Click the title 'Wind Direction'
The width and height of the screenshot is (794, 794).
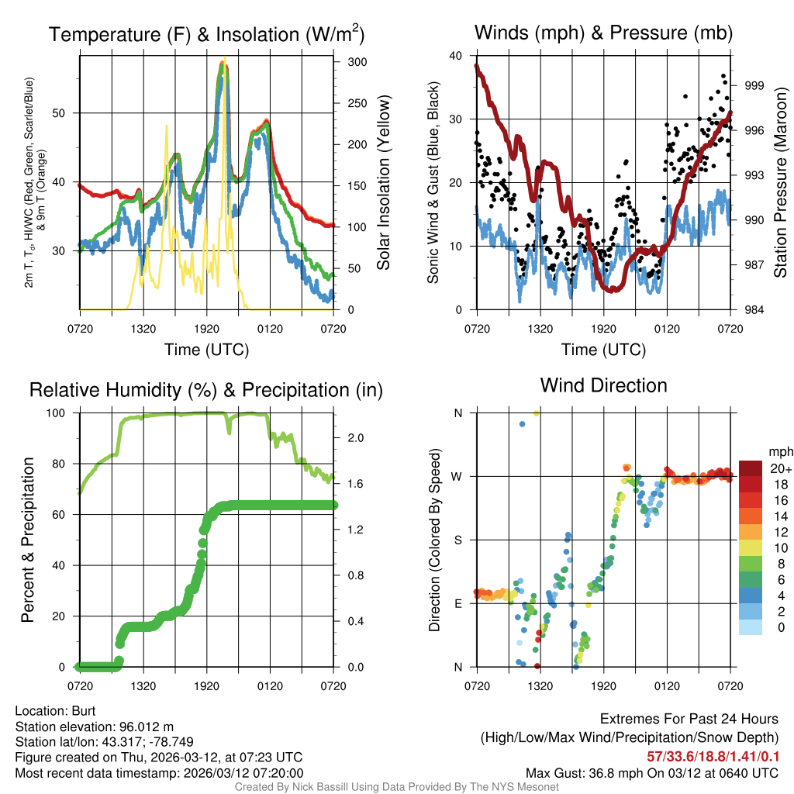coord(603,385)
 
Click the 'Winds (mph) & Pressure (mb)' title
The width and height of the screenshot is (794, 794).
coord(603,33)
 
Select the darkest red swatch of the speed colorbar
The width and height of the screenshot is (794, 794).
coord(751,468)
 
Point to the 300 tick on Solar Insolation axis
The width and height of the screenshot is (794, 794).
coord(357,62)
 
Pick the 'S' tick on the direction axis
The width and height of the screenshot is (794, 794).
coord(457,540)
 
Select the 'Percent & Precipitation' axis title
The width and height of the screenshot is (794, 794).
coord(28,540)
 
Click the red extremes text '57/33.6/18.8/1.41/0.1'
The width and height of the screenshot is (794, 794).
coord(713,755)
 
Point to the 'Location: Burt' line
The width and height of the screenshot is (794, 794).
coord(55,710)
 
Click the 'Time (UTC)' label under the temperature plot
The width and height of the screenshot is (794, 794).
coord(206,350)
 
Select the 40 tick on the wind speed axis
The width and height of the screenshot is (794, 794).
coord(456,56)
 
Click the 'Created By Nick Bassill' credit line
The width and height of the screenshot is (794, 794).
coord(397,787)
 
